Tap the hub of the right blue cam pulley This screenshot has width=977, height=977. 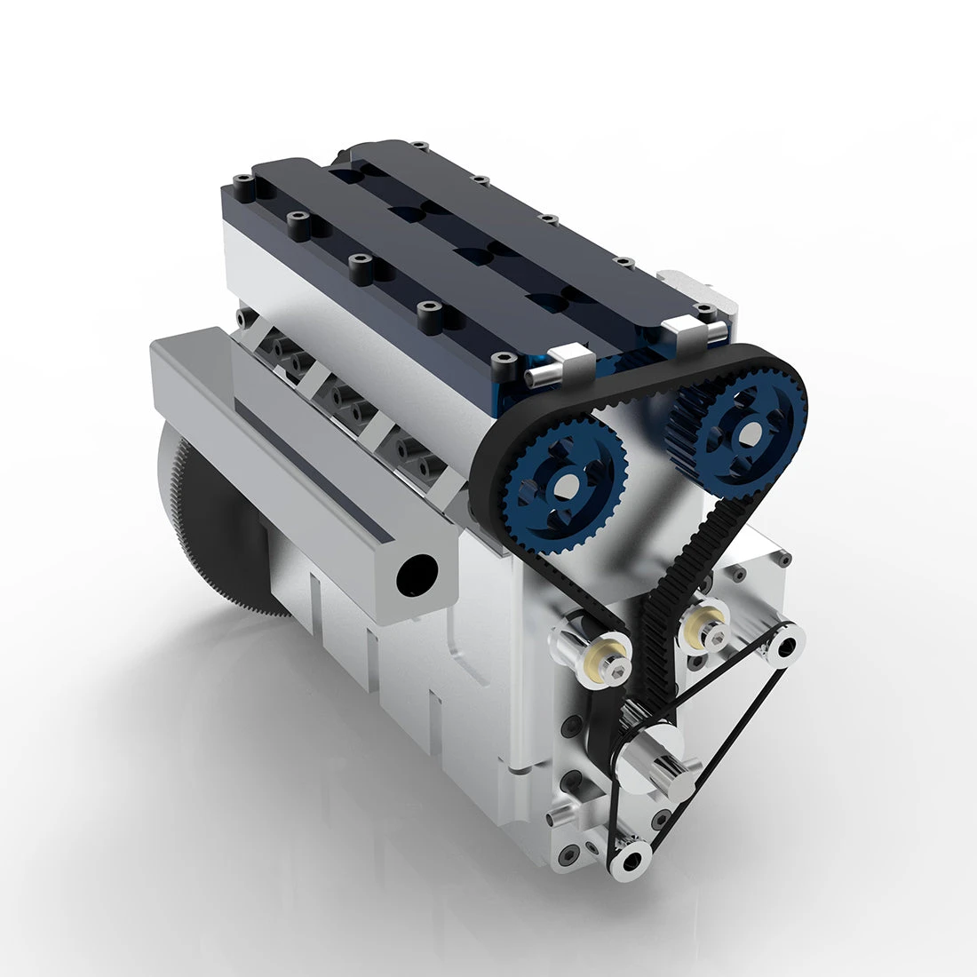click(x=748, y=433)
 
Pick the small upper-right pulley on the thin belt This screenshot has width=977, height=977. click(x=786, y=646)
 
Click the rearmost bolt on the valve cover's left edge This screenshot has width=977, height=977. click(x=243, y=186)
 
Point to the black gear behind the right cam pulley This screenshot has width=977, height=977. click(x=686, y=417)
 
